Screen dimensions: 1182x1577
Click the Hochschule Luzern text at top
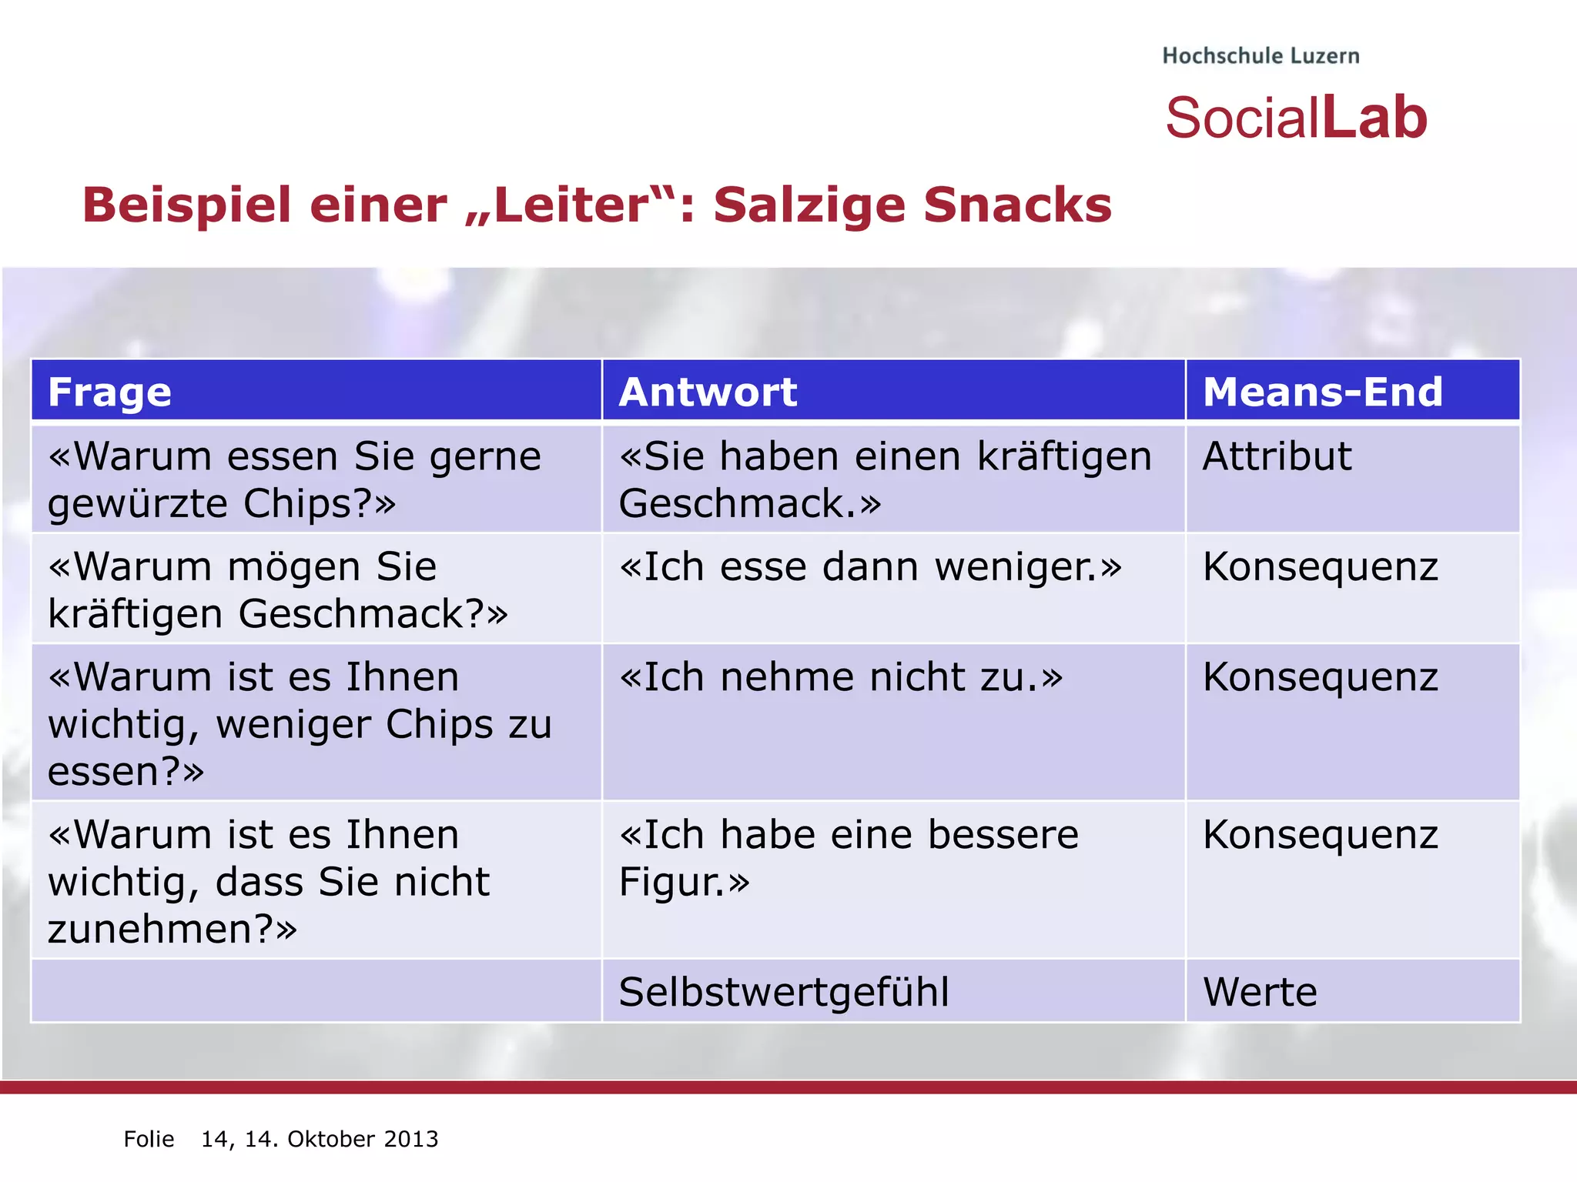1261,56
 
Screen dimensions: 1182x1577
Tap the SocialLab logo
1296,119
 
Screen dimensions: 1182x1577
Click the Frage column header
109,392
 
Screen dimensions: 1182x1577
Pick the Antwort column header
708,392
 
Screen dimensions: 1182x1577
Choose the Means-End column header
1322,392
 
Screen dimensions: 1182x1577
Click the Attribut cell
1277,456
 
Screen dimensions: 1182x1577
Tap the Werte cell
1260,992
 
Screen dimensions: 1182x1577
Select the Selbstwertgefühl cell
783,992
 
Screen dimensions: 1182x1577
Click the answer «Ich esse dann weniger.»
870,567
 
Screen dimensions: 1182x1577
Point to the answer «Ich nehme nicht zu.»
841,678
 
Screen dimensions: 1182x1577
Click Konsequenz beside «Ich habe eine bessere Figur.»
1320,835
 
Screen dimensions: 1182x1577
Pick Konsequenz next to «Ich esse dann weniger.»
1320,567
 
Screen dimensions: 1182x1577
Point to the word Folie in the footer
149,1139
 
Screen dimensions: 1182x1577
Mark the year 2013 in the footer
411,1139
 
